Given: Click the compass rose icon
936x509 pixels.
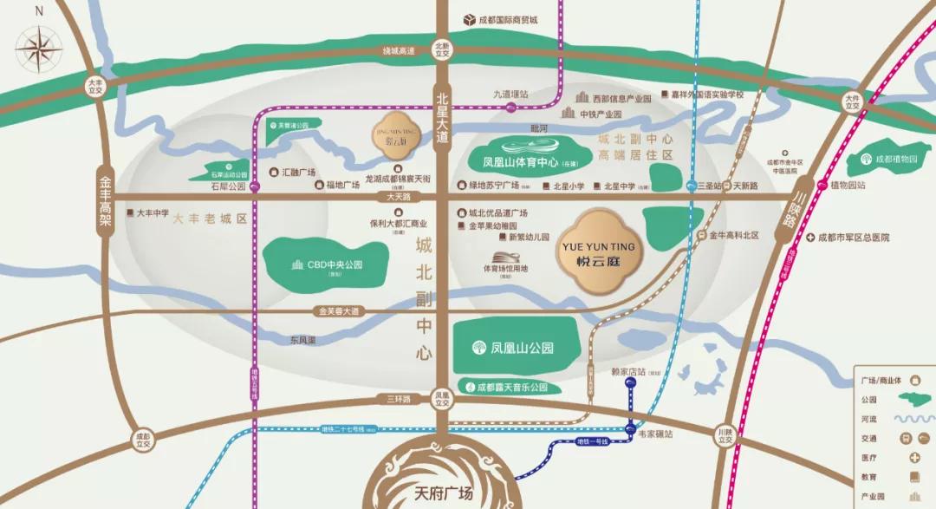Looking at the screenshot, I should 39,47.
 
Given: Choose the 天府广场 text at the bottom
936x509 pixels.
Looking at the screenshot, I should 442,494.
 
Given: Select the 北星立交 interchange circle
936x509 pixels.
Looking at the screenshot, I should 443,49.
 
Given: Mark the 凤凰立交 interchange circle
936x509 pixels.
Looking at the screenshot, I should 443,398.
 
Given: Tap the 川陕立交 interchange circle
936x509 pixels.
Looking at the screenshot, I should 725,435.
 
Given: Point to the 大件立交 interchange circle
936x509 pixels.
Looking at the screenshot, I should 853,101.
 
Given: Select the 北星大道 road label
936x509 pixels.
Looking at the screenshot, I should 443,117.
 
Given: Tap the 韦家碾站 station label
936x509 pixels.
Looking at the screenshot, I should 655,434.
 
